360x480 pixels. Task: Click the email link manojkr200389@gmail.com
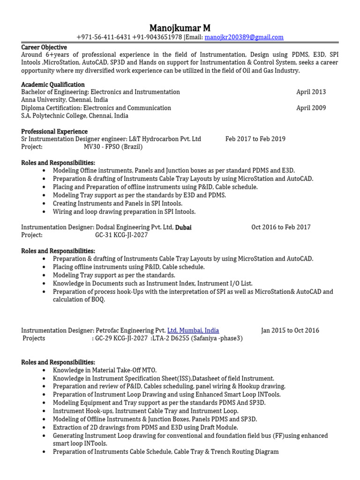tap(244, 37)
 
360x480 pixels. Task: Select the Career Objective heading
tap(44, 47)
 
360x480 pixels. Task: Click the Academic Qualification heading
tap(52, 84)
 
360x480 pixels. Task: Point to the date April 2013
tap(311, 92)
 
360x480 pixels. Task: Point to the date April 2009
tap(311, 108)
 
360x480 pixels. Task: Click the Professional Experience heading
tap(54, 131)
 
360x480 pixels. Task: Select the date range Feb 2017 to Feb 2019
tap(255, 139)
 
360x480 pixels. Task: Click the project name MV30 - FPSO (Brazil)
tap(113, 147)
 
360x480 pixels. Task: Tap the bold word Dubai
tap(183, 227)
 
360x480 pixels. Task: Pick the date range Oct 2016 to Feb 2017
tap(281, 227)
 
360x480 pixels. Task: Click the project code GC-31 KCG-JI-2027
tap(121, 235)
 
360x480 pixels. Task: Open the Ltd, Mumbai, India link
tap(193, 330)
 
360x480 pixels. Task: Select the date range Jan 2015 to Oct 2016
tap(290, 330)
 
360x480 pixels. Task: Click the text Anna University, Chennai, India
tap(64, 100)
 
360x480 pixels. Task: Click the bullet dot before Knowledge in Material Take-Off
tap(44, 370)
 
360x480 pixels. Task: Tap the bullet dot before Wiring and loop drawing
tap(44, 212)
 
